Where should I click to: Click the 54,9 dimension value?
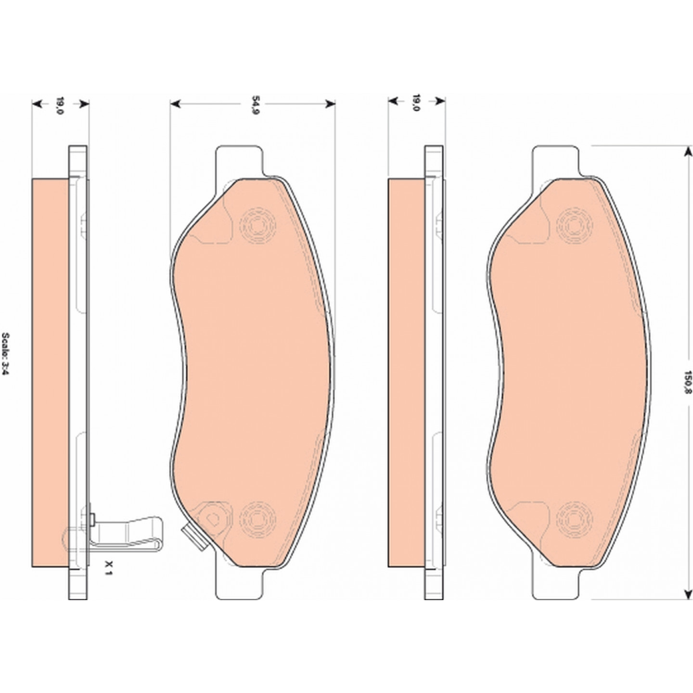[256, 104]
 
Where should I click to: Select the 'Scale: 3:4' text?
[6, 354]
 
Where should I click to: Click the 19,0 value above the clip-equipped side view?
[60, 104]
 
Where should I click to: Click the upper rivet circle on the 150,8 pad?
[574, 226]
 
